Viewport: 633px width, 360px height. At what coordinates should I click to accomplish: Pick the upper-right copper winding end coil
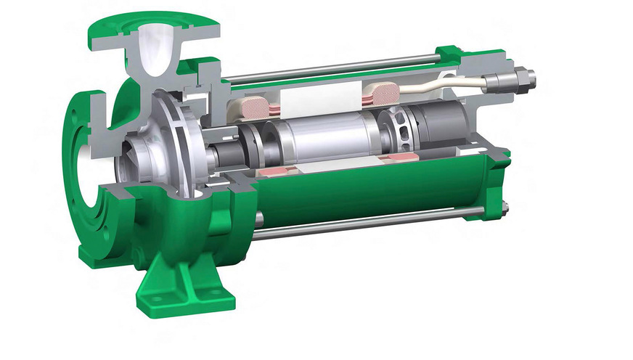tap(383, 93)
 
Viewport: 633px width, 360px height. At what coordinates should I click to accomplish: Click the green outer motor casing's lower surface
tap(363, 196)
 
